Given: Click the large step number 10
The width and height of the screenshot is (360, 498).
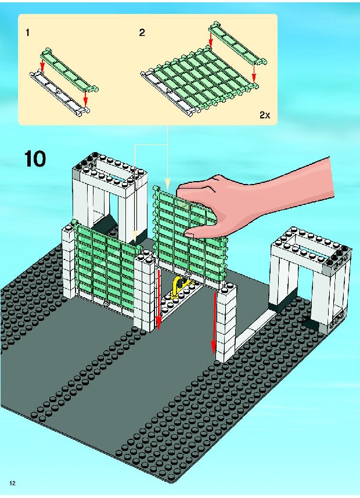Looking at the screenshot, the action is (35, 159).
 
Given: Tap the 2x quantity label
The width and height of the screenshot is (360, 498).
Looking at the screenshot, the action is (265, 115).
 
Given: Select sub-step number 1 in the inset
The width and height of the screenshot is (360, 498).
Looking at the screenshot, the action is (28, 33).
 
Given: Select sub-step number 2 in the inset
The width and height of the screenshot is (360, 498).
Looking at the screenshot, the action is (142, 33).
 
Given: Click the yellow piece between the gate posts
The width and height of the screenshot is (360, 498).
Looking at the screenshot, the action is (179, 287).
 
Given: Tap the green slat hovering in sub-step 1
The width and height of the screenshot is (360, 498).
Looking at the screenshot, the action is (69, 70).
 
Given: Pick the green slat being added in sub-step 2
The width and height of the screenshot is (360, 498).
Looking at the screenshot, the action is (237, 43).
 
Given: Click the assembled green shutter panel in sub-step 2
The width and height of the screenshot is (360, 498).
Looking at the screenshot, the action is (199, 82).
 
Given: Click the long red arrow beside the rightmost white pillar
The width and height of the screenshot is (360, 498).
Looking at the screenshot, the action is (215, 322).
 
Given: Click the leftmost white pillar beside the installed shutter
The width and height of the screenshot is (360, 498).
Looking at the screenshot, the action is (69, 261).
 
